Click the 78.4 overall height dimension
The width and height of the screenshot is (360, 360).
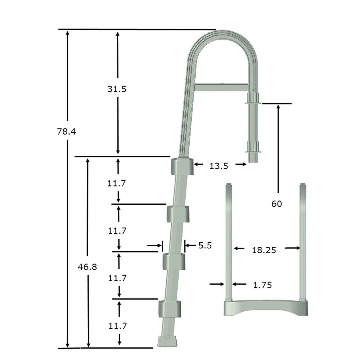(x=67, y=132)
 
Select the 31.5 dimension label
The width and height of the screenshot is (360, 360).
(x=117, y=89)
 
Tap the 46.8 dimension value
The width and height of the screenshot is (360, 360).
(x=87, y=267)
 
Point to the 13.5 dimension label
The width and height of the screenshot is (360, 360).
(x=218, y=166)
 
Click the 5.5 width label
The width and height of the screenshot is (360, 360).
(x=205, y=245)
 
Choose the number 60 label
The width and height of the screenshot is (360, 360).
(x=277, y=204)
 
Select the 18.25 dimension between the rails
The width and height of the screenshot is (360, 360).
(x=264, y=250)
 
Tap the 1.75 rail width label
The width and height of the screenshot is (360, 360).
(x=262, y=285)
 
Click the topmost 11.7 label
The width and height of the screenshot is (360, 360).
(x=116, y=183)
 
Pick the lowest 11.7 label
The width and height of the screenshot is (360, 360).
(x=118, y=326)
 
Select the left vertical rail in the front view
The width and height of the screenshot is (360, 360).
(x=229, y=241)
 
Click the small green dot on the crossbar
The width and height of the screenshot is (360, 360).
(x=222, y=83)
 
